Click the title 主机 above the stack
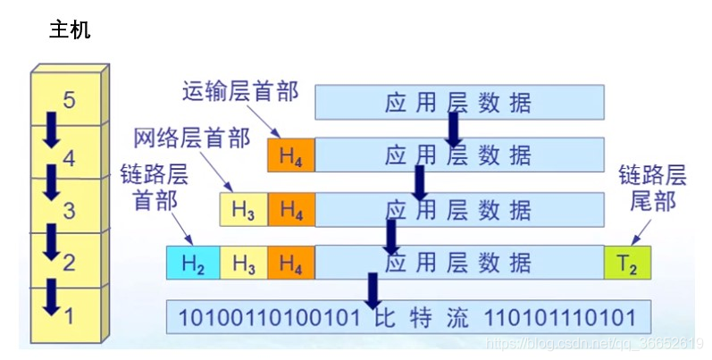69,30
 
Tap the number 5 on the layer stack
70,99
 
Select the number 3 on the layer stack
70,211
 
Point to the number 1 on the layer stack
70,314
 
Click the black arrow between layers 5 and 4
51,131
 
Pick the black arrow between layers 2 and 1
51,297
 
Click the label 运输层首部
239,90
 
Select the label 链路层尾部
652,188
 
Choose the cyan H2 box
193,263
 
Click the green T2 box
629,263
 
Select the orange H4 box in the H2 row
290,263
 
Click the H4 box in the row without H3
290,156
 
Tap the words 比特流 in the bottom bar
423,317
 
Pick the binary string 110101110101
559,317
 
